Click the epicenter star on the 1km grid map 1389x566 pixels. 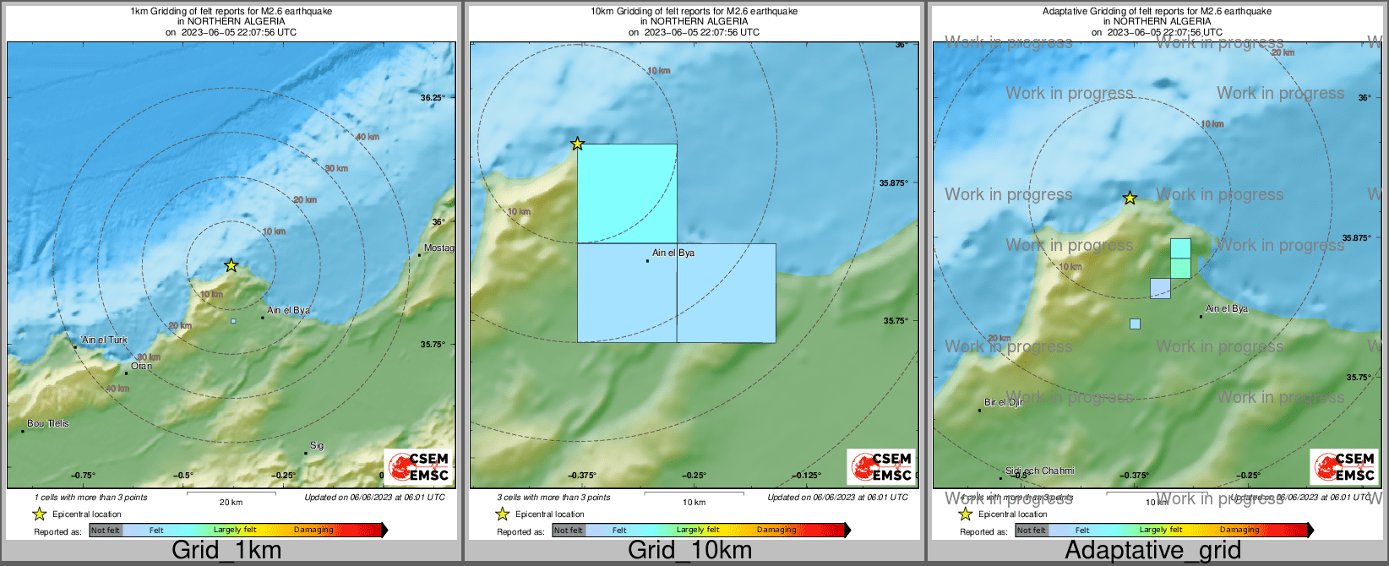pos(231,265)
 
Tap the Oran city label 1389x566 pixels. pos(141,366)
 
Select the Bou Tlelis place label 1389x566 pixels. pos(48,423)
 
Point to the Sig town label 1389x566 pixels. pos(317,445)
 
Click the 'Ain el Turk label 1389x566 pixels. pos(105,340)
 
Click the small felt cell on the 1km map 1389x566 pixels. pos(233,321)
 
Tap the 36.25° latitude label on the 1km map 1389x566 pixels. pos(432,98)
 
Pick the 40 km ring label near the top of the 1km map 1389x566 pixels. pos(368,137)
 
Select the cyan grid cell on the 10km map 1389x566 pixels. pos(627,193)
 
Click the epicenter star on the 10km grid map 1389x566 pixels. pos(577,144)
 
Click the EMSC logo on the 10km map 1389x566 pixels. pos(882,467)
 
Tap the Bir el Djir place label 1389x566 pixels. pos(1004,402)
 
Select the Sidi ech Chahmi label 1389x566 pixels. pos(1040,471)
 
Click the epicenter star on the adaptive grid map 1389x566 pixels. pos(1130,199)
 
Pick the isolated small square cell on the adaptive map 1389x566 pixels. pos(1135,324)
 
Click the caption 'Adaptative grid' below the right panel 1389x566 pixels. pos(1152,551)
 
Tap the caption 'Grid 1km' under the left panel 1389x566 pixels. pos(226,551)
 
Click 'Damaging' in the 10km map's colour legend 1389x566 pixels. pos(776,530)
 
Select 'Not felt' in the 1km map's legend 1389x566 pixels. pos(106,530)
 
